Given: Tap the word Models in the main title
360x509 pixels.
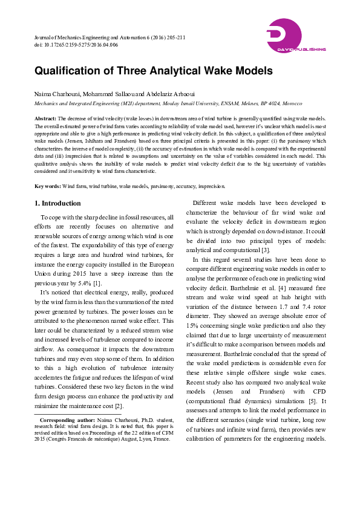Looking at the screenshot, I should (249, 71).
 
